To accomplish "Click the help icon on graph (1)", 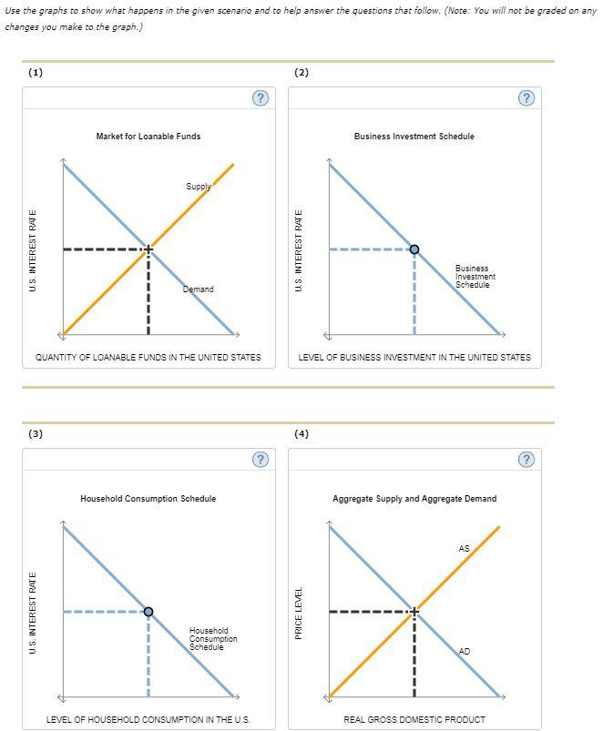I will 260,98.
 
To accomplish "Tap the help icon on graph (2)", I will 526,98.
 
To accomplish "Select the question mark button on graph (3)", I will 260,460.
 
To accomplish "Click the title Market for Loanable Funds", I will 148,137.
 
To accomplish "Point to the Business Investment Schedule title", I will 414,137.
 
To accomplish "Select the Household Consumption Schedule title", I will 148,499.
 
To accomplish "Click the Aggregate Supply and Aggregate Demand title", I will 414,499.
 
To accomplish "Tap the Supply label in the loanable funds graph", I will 199,187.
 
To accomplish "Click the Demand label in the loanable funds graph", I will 198,289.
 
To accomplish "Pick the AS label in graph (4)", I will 465,549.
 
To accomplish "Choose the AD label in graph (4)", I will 465,652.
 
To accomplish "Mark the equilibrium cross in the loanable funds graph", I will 148,249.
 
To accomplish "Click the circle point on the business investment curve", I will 414,249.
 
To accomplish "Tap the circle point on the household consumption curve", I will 148,612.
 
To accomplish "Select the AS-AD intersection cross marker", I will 414,612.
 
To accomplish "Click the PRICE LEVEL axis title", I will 299,612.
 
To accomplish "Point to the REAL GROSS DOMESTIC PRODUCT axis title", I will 414,720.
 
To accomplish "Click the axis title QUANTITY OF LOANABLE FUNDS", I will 148,358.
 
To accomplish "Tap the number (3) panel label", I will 36,433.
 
